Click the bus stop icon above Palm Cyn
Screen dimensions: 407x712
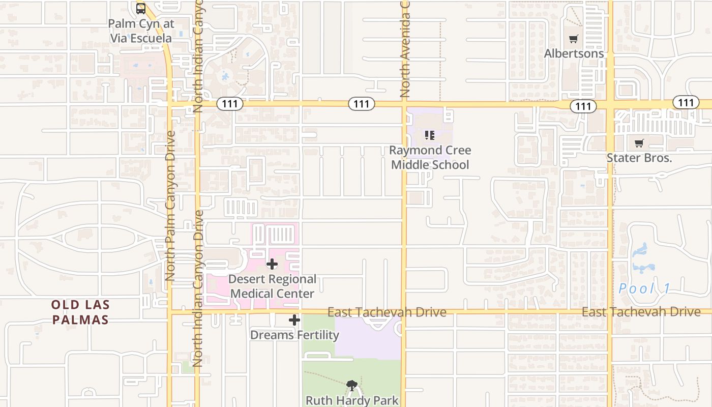tap(141, 8)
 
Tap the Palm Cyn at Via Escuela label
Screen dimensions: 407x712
tap(141, 31)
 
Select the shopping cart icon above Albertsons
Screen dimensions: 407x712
tap(574, 39)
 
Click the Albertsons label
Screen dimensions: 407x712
tap(574, 53)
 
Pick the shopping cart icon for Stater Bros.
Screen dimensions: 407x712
tap(639, 143)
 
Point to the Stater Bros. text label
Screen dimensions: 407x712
tap(639, 158)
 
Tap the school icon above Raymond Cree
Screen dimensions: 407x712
tap(430, 135)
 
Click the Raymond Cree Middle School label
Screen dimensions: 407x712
tap(430, 157)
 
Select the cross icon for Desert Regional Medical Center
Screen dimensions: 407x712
tap(272, 264)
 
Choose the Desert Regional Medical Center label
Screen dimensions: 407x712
tap(272, 286)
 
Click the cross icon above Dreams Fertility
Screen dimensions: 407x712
tap(294, 320)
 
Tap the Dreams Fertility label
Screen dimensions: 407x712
tap(294, 335)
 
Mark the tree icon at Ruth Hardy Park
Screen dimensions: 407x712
tap(351, 386)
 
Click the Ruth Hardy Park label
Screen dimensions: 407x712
tap(352, 400)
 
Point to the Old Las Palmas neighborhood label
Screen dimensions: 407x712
tap(80, 312)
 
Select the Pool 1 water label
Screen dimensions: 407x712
tap(644, 288)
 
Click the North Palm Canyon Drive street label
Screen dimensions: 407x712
tap(170, 206)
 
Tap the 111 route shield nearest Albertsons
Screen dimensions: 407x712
tap(583, 106)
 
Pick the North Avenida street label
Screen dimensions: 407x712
tap(405, 49)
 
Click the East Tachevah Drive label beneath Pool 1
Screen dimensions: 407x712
tap(641, 311)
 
